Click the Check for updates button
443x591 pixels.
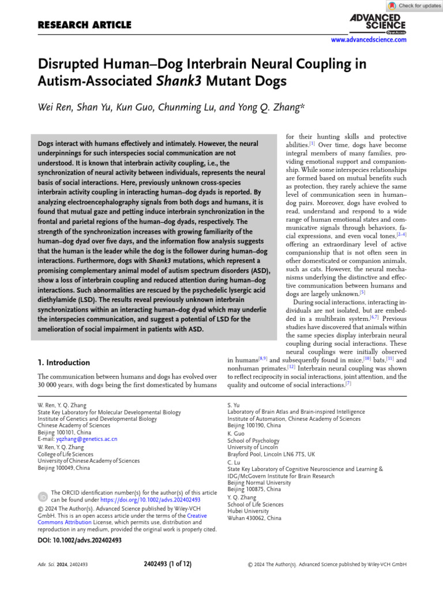pos(414,6)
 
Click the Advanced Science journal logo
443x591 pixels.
pos(378,23)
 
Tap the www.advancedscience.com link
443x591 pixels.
pos(369,40)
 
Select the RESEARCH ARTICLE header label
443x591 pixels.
pos(84,25)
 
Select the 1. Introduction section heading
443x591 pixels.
pos(63,362)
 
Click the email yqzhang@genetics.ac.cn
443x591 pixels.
pos(87,439)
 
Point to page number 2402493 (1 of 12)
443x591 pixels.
pos(168,563)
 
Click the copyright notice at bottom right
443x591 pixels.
pos(327,564)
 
